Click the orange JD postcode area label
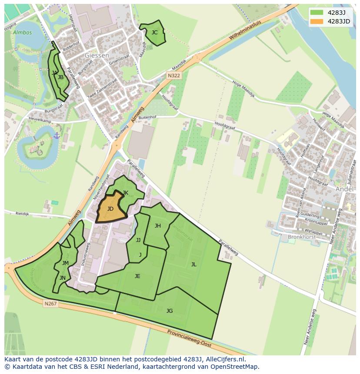110,209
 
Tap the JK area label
125,193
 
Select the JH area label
158,225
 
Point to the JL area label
193,264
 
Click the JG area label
170,311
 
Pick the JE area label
137,276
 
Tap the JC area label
154,32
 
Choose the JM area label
65,263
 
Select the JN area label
63,278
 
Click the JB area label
61,77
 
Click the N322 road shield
174,76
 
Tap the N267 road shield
50,304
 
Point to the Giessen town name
97,56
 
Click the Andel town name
345,189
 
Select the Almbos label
22,33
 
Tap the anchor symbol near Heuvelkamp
57,136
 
